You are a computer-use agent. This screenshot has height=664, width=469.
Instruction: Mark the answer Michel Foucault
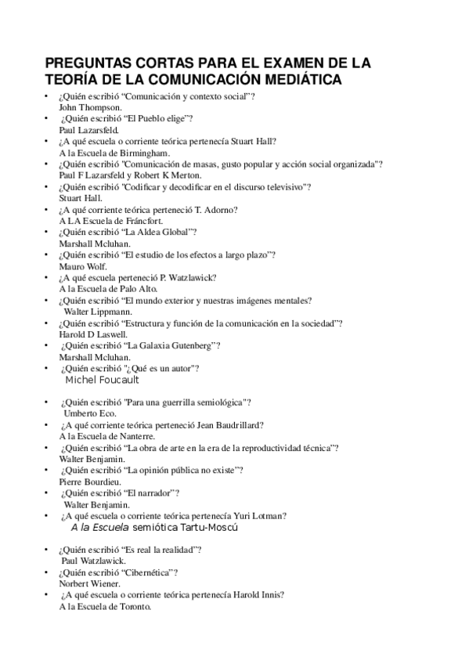pyautogui.click(x=103, y=380)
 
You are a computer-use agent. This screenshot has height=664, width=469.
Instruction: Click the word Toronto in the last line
pyautogui.click(x=133, y=607)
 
